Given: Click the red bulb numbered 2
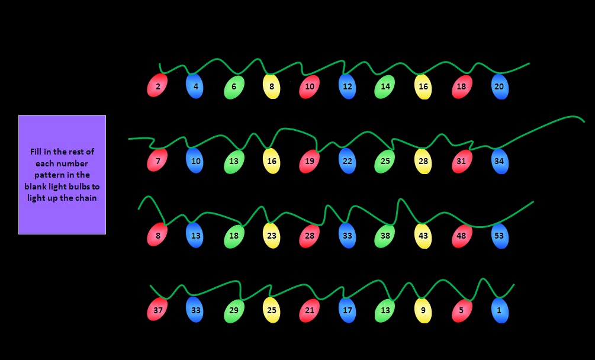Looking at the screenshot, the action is (x=157, y=86).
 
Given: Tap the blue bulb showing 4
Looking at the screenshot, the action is (x=195, y=86).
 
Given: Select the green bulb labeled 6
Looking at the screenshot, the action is (x=233, y=87).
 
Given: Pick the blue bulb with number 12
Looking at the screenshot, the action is (x=348, y=86).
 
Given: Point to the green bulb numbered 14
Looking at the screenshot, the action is (x=385, y=86).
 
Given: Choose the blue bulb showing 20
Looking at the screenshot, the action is (x=499, y=86).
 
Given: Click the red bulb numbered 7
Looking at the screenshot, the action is (x=157, y=161).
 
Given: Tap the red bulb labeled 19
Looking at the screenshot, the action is (x=309, y=161).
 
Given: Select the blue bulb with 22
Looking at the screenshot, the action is (x=348, y=161).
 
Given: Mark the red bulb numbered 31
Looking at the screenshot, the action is (x=462, y=161).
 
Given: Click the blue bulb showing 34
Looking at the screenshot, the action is (x=499, y=161).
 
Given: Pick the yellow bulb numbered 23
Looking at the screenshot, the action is (x=271, y=236).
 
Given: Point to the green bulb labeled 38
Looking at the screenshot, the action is (x=385, y=236).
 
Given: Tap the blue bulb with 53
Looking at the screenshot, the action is (x=499, y=236).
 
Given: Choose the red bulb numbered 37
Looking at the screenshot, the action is (x=157, y=310).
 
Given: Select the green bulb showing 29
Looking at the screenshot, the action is (x=233, y=310).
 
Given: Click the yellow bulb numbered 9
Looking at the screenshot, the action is (x=423, y=310).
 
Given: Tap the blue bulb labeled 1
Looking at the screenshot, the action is (x=499, y=310).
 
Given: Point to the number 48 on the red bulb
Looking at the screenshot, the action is (x=462, y=236).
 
